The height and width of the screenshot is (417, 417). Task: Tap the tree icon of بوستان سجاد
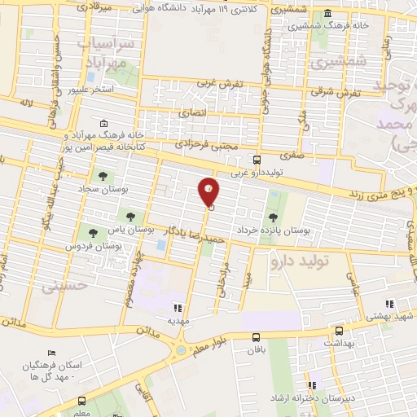tap(103, 175)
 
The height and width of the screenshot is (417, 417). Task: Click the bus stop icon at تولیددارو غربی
tap(257, 160)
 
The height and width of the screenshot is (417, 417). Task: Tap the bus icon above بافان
tap(257, 337)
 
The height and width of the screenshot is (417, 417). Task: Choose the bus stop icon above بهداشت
tap(339, 331)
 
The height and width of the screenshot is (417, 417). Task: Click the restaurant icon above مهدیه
tap(178, 307)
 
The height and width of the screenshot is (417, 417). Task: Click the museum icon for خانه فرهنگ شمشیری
tap(327, 14)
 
